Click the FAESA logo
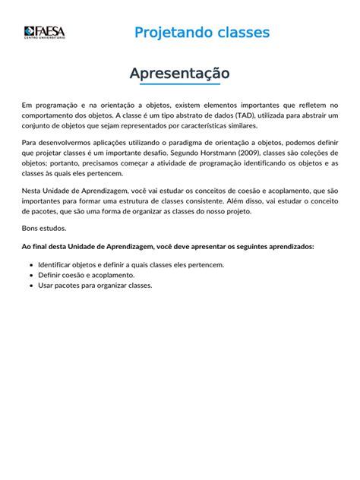click(x=45, y=32)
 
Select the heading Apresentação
click(x=179, y=74)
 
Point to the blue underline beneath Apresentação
click(x=179, y=85)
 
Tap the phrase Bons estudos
click(x=44, y=228)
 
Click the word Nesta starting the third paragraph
click(x=33, y=190)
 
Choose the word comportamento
click(x=50, y=115)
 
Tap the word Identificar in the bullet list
click(x=57, y=264)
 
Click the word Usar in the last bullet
click(x=46, y=286)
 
